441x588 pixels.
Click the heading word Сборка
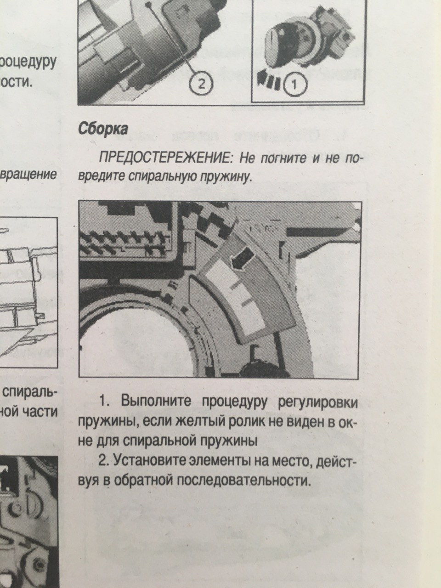(x=103, y=129)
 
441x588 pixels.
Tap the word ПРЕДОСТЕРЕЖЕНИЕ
(x=166, y=158)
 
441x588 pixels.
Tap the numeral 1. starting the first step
(x=104, y=401)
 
